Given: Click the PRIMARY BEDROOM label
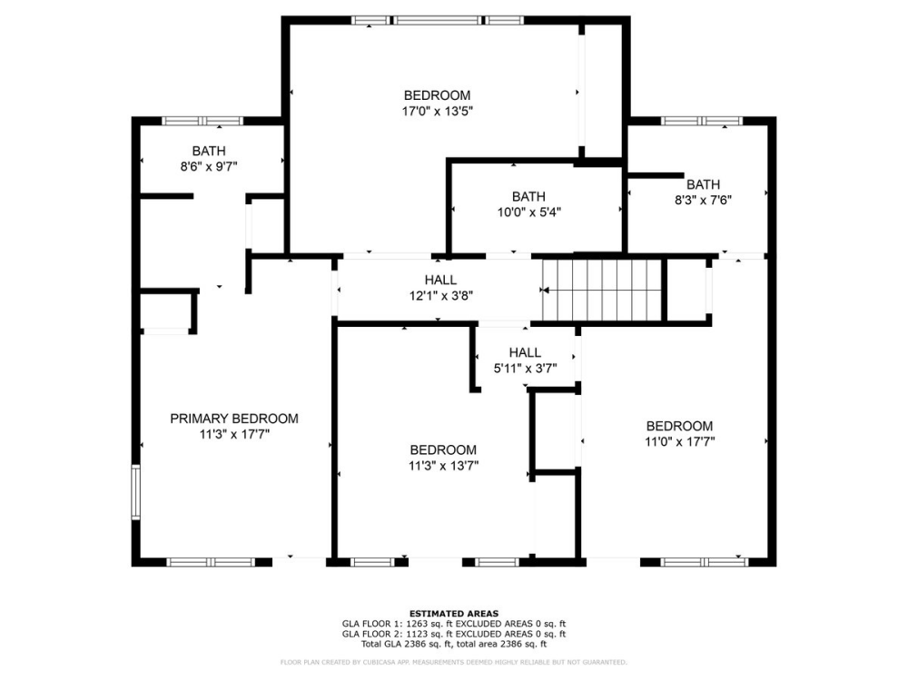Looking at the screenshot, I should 234,419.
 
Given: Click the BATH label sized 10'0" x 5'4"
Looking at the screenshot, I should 528,196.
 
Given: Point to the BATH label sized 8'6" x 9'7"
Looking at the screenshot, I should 209,151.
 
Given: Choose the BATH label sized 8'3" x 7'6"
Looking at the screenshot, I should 703,183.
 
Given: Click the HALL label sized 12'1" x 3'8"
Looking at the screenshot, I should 440,280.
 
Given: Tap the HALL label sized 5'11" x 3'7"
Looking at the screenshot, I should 525,352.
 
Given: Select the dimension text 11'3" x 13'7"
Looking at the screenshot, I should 443,465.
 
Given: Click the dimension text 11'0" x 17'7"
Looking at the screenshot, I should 679,441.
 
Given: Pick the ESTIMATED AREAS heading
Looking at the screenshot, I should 454,614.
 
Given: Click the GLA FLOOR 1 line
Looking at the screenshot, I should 454,624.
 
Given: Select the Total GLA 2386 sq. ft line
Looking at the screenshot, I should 454,644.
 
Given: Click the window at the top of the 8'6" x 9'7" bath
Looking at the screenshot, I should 202,121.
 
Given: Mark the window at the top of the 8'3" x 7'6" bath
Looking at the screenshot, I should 701,121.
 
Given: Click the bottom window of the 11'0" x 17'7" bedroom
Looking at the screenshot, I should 704,562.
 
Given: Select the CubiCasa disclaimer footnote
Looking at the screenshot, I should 454,662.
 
